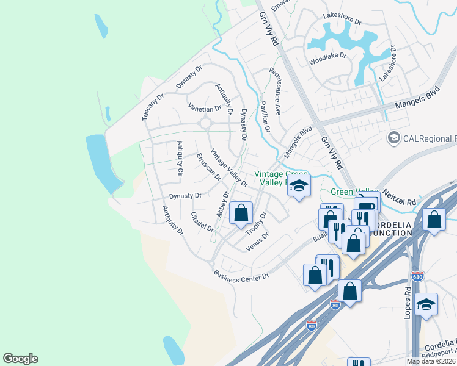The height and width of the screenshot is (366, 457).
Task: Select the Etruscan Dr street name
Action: point(208,166)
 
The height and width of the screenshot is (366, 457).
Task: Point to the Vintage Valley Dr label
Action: point(228,168)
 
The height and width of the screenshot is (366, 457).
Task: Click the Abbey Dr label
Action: point(222,205)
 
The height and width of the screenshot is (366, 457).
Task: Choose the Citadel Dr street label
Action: point(202,222)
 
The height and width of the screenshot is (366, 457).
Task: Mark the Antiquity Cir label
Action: point(180,158)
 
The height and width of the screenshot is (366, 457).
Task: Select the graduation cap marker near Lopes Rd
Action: point(426,304)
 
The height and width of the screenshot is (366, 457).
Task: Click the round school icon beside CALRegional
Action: point(393,138)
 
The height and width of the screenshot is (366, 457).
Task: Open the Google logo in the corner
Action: point(20,359)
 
